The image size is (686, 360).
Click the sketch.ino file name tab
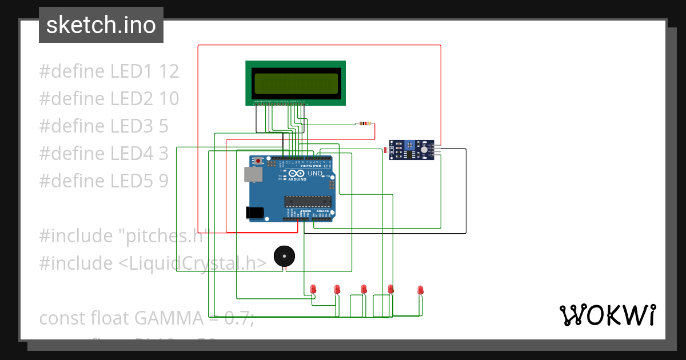coord(101,25)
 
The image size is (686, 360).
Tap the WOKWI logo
coord(607,315)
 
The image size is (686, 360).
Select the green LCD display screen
coord(296,83)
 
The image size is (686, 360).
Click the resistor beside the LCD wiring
coord(364,123)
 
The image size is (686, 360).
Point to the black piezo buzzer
coord(282,255)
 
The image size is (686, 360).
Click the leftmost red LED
coord(313,289)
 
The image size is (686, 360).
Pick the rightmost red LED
coord(420,290)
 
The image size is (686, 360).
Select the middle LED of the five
coord(364,289)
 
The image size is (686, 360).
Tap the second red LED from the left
coord(337,289)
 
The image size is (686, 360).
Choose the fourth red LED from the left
coord(391,289)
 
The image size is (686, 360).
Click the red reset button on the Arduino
coord(258,161)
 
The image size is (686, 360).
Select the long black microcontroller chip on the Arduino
coord(308,201)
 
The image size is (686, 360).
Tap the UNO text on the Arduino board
coord(315,173)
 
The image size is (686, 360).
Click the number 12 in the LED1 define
coord(169,71)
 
